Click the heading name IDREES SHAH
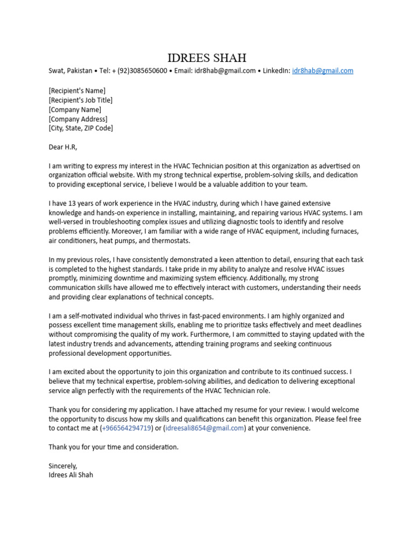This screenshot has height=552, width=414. [x=207, y=58]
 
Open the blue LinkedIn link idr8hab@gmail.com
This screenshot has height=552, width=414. [x=322, y=71]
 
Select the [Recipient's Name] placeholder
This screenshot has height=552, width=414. [x=77, y=91]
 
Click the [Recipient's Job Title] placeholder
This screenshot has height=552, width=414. [x=80, y=100]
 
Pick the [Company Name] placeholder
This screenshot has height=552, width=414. [x=74, y=109]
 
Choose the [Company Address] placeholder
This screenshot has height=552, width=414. [x=78, y=119]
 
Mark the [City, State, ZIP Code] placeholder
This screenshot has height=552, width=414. [x=81, y=128]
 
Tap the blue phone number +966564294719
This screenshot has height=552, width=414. [x=126, y=428]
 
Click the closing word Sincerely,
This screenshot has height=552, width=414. [x=63, y=466]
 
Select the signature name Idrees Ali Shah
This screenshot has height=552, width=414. [x=71, y=475]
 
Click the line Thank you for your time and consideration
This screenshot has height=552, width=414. [x=113, y=447]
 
